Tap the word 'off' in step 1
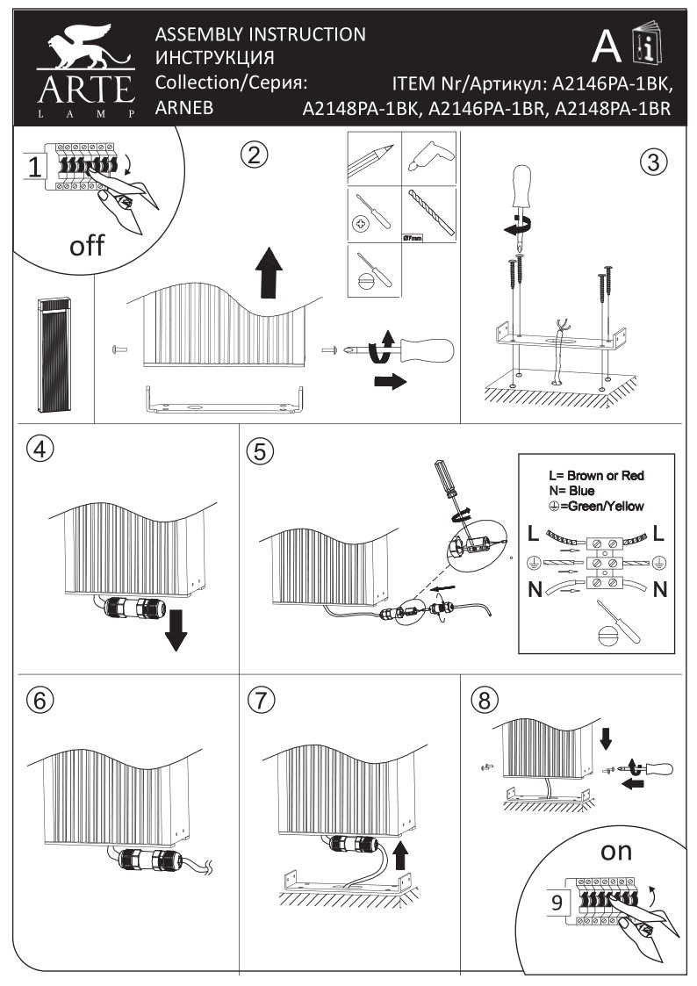coord(87,245)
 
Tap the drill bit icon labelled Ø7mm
coord(430,213)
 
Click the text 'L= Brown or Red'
coord(596,476)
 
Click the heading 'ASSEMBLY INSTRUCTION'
coord(260,35)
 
